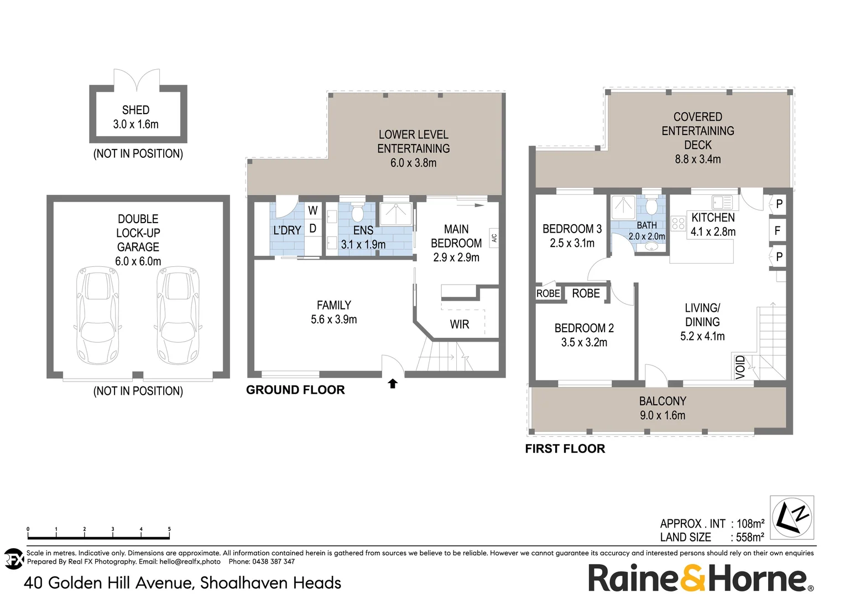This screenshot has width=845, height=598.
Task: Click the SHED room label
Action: [136, 110]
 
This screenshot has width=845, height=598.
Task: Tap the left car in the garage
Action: [98, 316]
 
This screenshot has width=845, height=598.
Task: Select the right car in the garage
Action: [178, 316]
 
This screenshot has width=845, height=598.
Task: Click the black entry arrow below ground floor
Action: [393, 383]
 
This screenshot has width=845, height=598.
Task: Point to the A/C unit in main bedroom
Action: [494, 238]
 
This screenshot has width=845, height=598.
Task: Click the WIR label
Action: [460, 324]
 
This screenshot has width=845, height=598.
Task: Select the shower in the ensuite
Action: [396, 214]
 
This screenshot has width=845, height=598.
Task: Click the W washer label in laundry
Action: [312, 210]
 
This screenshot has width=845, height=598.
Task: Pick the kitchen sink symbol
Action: [722, 203]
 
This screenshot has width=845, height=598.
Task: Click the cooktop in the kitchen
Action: [678, 224]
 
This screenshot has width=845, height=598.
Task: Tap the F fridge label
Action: [778, 230]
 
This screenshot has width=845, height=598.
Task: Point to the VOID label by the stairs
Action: [740, 367]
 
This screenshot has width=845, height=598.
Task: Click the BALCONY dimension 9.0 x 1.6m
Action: [663, 415]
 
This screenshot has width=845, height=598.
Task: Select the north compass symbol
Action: [791, 518]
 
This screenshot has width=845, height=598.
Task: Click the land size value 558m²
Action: [750, 537]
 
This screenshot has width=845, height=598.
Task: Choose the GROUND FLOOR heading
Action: [295, 390]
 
